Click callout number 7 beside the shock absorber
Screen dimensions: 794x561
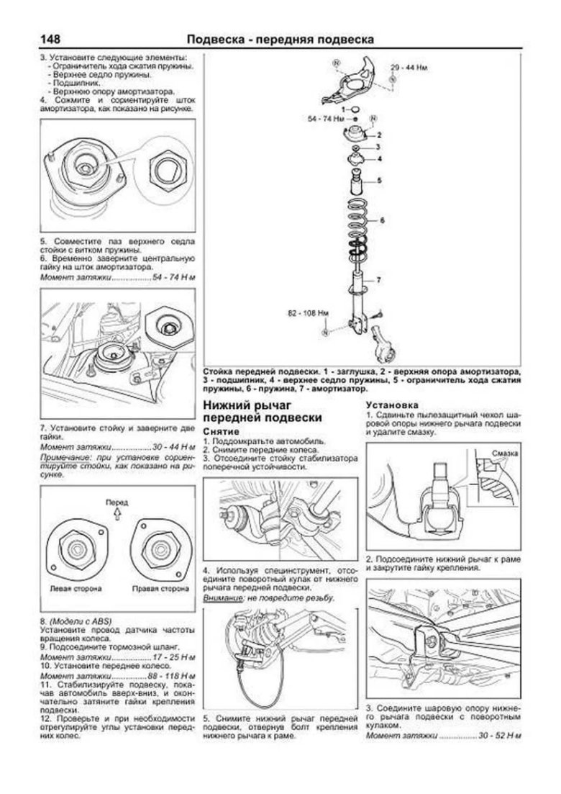click(x=379, y=279)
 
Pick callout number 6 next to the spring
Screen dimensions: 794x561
click(x=382, y=219)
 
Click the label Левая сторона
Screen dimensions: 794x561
click(x=75, y=588)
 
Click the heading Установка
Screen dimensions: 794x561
click(x=393, y=405)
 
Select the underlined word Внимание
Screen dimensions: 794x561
click(x=224, y=599)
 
